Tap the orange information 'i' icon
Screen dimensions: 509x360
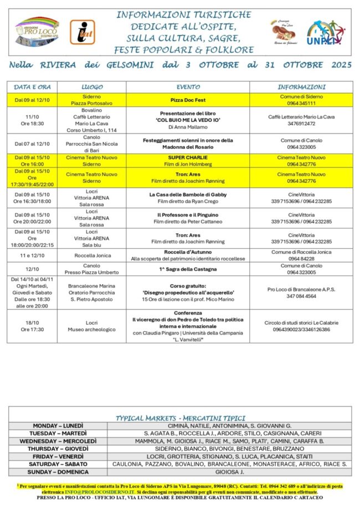(x=82, y=32)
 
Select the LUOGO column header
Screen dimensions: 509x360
(x=92, y=87)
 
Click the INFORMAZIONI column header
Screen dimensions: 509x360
(x=301, y=87)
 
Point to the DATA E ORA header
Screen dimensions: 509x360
(x=32, y=87)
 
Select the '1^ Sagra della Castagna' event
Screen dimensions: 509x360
(x=188, y=269)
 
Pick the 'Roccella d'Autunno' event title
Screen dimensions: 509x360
(x=188, y=251)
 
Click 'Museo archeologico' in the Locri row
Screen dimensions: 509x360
(x=92, y=330)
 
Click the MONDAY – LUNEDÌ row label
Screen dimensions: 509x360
(x=58, y=425)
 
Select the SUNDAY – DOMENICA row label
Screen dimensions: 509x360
(x=58, y=472)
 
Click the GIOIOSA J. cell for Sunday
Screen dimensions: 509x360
(x=229, y=472)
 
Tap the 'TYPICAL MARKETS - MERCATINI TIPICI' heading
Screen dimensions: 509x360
(x=180, y=418)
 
